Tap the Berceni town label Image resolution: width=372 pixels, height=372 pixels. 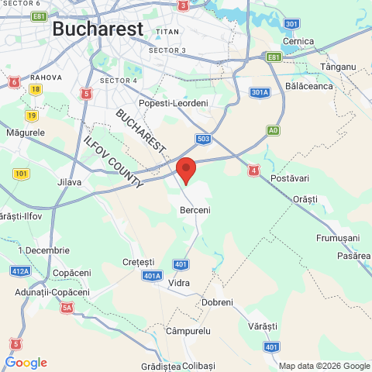pos(195,210)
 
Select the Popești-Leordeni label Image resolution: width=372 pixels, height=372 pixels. pos(173,103)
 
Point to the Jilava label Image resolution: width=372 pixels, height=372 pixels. pos(70,183)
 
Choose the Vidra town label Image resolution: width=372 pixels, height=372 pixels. pos(179,283)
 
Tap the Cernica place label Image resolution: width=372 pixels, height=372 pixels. pos(298,40)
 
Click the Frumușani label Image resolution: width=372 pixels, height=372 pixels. pos(339,237)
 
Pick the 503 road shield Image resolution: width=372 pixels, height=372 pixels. pos(204,139)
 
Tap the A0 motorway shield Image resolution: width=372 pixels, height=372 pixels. pos(272,131)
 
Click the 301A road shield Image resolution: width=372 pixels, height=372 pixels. pos(260,93)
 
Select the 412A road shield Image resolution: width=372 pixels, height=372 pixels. pos(20,271)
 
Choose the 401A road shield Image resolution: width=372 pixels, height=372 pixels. pos(153,275)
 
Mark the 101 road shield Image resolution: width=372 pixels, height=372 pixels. pos(21,173)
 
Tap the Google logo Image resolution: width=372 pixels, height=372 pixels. pos(26,363)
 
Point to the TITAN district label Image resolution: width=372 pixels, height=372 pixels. pos(167,32)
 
